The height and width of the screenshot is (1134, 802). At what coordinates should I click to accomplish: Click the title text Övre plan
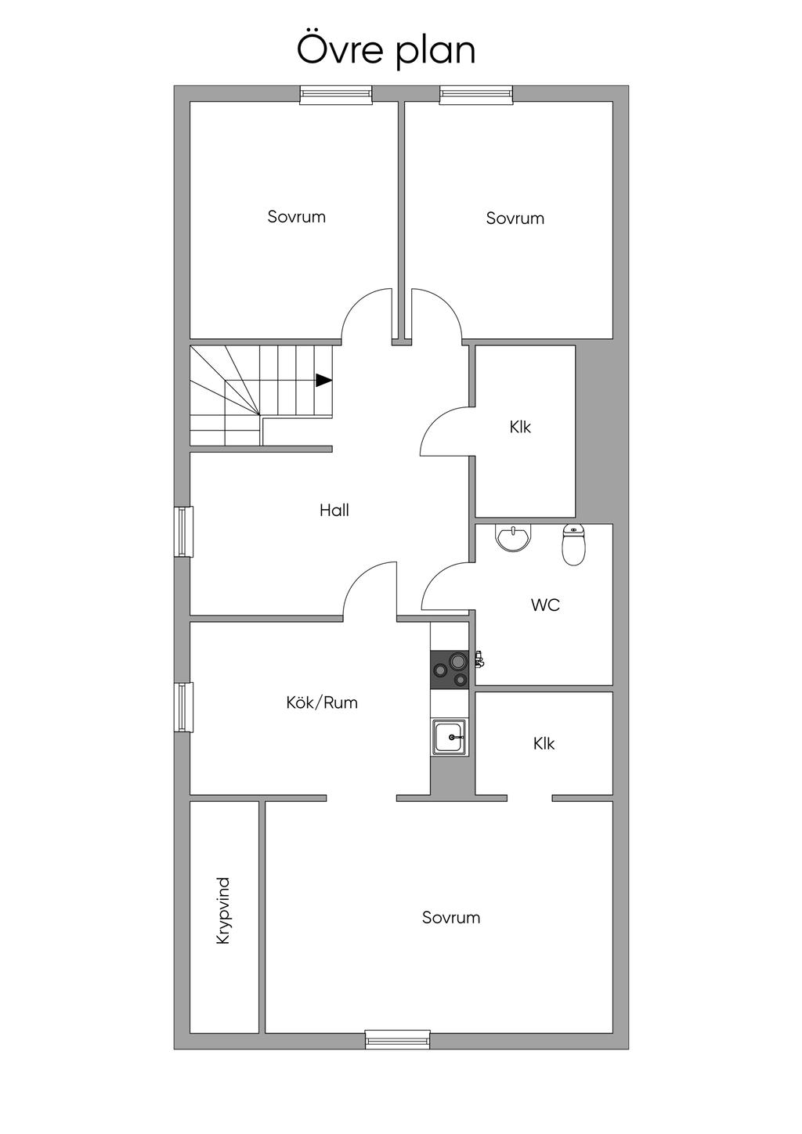(x=386, y=49)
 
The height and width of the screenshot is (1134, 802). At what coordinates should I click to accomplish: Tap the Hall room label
(x=334, y=511)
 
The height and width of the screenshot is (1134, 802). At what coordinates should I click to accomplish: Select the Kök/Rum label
(x=322, y=702)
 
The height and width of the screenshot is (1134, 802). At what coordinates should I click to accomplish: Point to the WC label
(x=545, y=605)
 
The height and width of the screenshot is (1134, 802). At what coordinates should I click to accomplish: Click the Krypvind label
(x=223, y=910)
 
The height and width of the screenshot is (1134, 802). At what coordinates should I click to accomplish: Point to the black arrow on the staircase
(x=323, y=381)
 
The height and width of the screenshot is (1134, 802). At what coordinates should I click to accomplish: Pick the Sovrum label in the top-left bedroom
(x=296, y=217)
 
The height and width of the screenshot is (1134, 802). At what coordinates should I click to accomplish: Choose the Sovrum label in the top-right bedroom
(x=515, y=218)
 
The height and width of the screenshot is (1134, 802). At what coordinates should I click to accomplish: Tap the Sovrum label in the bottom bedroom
(x=450, y=917)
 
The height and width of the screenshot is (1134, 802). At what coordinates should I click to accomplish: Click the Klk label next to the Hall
(x=520, y=427)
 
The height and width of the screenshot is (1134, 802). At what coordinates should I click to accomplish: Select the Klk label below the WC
(x=544, y=743)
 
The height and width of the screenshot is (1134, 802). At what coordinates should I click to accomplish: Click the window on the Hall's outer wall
(x=183, y=532)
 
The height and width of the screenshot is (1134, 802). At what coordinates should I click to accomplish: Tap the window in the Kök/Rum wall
(x=183, y=707)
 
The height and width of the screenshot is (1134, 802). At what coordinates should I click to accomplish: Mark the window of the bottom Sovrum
(x=398, y=1039)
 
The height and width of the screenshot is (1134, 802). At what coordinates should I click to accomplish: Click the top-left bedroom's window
(x=335, y=95)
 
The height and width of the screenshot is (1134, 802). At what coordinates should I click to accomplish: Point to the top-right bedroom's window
(x=476, y=95)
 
